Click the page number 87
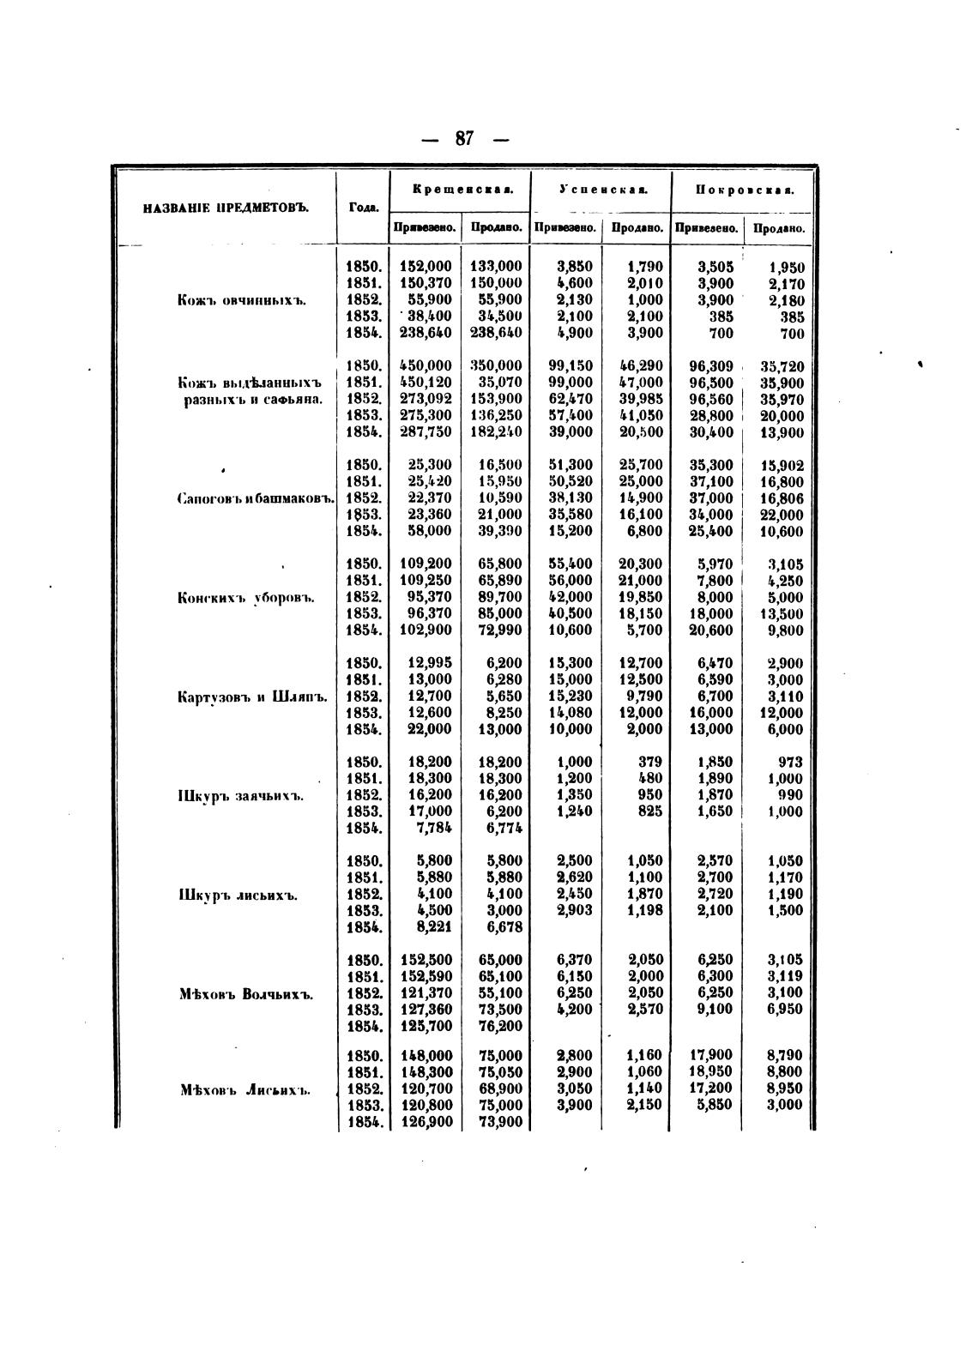(464, 139)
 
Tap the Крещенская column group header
(462, 189)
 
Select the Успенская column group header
(602, 189)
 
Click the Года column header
(362, 207)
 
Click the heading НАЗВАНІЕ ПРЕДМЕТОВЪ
(225, 207)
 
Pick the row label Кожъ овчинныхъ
(241, 300)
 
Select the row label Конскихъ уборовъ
(242, 598)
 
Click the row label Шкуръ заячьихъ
(242, 796)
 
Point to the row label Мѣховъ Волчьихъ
(246, 995)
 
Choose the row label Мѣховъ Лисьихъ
(245, 1091)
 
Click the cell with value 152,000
(426, 267)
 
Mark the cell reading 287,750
(426, 432)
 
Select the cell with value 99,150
(570, 366)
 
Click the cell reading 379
(650, 762)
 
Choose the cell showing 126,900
(426, 1122)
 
